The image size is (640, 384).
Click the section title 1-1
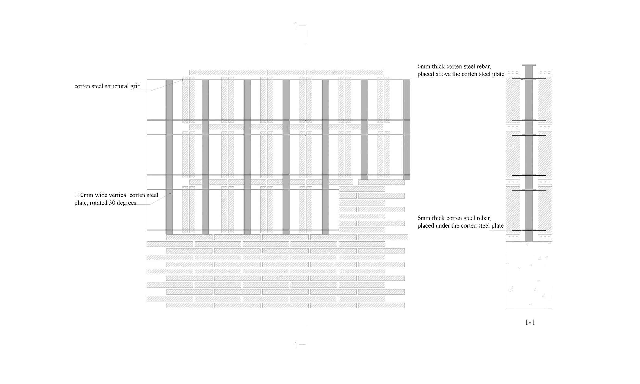coord(530,322)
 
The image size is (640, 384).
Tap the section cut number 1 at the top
coord(295,26)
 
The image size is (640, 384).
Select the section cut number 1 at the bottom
coord(295,345)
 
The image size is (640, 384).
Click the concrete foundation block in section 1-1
coord(529,275)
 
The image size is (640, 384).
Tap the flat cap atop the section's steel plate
coord(529,65)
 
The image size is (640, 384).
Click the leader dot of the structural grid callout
coord(183,80)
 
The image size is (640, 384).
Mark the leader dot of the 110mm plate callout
coord(170,193)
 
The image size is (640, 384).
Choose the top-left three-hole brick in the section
coord(513,73)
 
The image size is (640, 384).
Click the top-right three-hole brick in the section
coord(545,73)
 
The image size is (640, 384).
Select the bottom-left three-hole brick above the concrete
coord(513,237)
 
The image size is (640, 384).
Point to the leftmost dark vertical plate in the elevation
coord(169,157)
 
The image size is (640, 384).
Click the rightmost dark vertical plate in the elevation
coord(407,130)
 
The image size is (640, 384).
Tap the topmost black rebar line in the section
coord(529,79)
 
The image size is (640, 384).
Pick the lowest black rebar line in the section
coord(529,231)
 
